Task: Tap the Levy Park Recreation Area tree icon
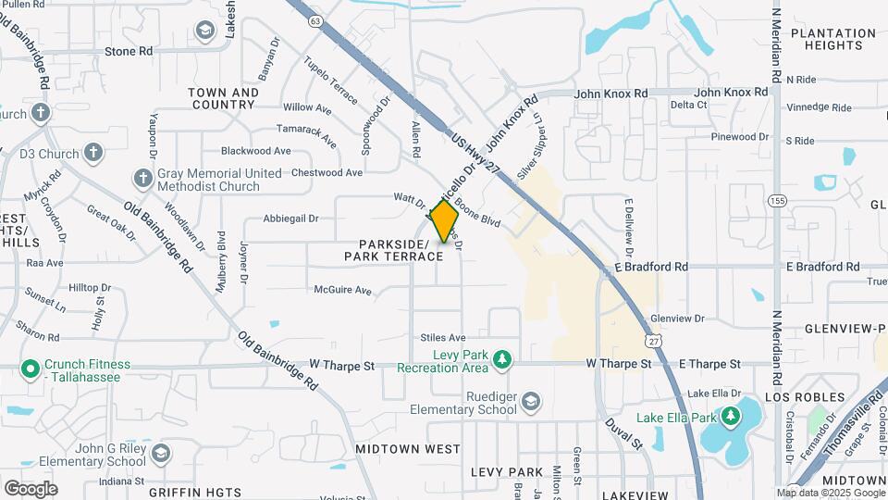click(x=502, y=358)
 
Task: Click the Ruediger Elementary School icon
click(x=531, y=401)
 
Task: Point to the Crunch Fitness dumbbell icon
click(x=30, y=369)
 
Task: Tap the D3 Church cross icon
click(x=93, y=152)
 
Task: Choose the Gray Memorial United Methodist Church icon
click(x=142, y=177)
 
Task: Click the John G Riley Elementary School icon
click(x=162, y=453)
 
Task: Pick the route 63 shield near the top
click(x=316, y=19)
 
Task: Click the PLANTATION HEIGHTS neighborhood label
click(x=832, y=39)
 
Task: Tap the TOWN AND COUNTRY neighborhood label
click(x=223, y=98)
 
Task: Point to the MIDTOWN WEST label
click(x=408, y=449)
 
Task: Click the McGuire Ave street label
click(x=342, y=291)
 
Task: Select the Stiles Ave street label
click(x=443, y=338)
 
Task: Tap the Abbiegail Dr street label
click(x=290, y=219)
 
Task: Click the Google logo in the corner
click(x=31, y=488)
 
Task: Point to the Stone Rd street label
click(x=129, y=52)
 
